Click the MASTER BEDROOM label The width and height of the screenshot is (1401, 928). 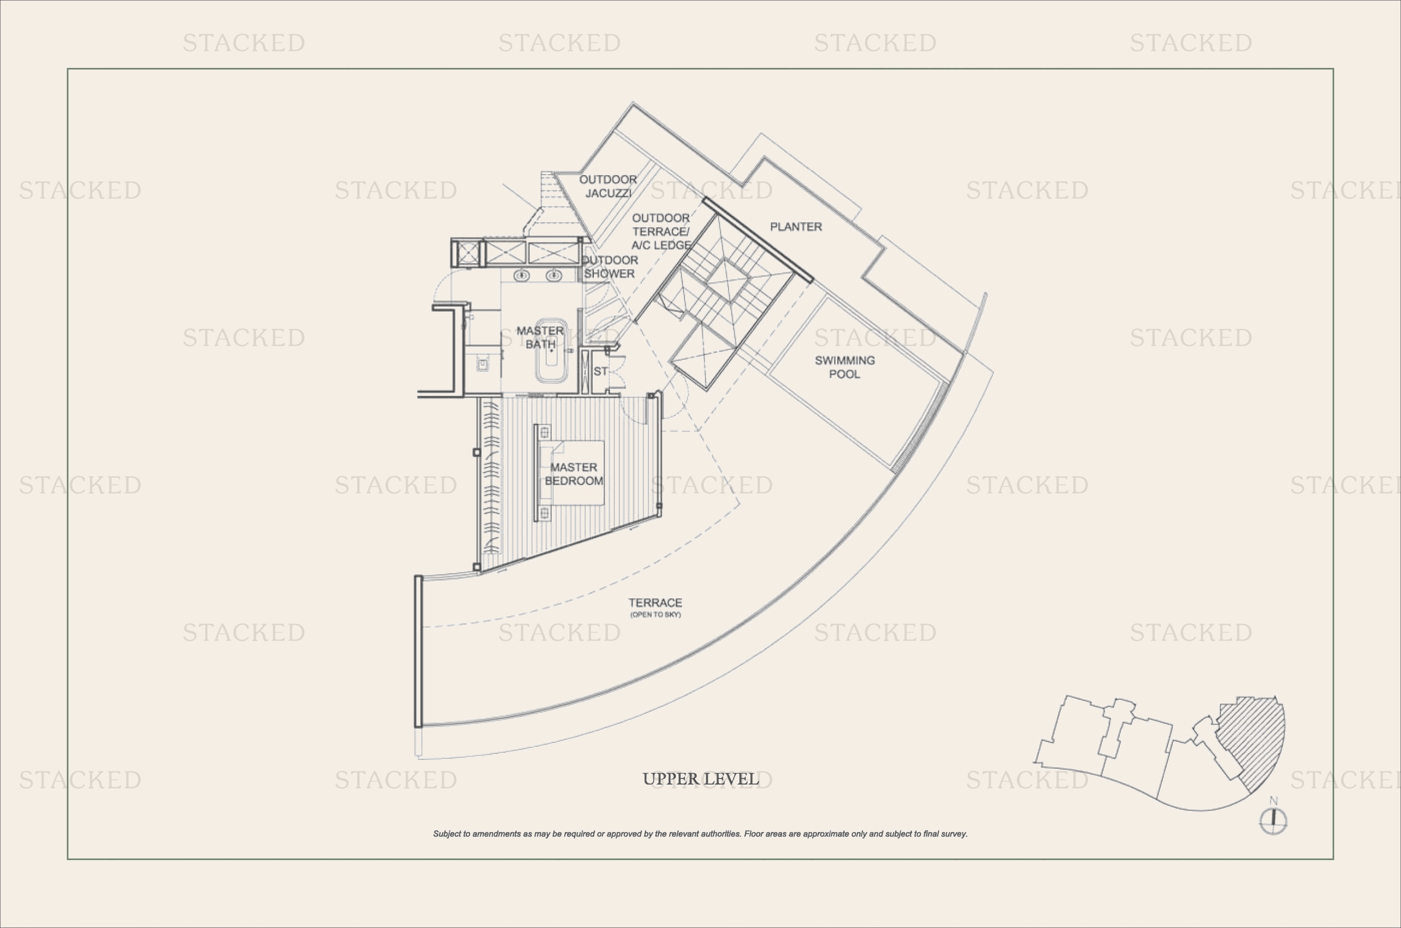(x=574, y=474)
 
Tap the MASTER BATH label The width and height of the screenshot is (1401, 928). (x=540, y=337)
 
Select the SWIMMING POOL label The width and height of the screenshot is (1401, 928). (x=844, y=367)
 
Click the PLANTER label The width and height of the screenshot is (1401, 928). (x=796, y=227)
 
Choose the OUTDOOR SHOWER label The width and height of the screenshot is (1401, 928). (x=610, y=267)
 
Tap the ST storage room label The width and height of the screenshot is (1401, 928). (x=600, y=371)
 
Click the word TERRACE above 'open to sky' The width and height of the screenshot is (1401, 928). (x=655, y=602)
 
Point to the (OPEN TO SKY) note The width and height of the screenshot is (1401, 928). (x=656, y=614)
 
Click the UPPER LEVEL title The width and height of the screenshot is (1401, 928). (x=700, y=779)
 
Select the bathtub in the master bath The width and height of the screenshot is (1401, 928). (x=552, y=350)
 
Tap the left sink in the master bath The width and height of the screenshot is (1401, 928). (x=521, y=275)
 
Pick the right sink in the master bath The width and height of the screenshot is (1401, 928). (x=554, y=275)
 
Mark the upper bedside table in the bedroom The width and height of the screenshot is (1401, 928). (x=545, y=433)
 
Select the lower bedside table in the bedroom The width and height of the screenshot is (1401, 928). (x=545, y=512)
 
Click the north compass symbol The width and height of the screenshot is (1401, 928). (x=1273, y=820)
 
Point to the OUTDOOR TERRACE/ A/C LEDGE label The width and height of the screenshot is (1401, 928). (x=661, y=232)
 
